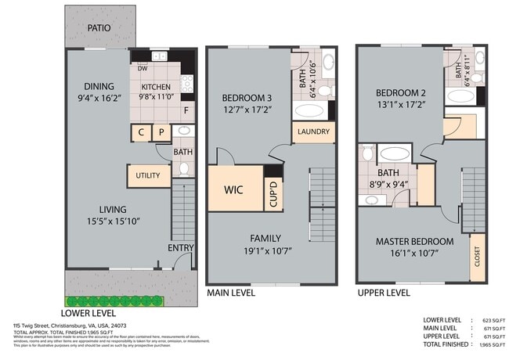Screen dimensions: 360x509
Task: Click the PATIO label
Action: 99,28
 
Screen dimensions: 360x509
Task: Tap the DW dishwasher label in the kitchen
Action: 143,68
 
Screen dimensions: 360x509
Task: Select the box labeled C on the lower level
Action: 141,134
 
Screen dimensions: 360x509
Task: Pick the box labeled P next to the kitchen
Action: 162,134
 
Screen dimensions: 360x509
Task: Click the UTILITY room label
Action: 148,175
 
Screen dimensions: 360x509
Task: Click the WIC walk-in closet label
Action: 233,190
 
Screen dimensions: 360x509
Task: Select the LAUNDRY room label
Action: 314,131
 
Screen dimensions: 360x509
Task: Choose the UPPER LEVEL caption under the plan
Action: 383,293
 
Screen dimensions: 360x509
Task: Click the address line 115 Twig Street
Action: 70,324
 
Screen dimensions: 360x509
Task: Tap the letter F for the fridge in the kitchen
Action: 186,110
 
